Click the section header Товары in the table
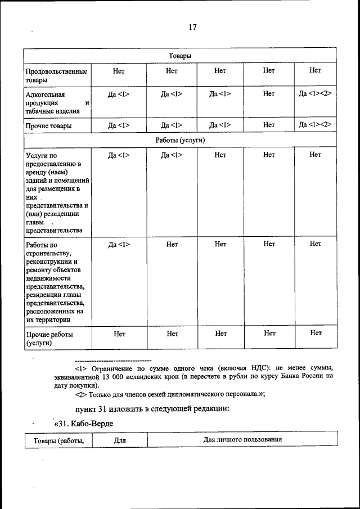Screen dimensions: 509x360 [x=179, y=56]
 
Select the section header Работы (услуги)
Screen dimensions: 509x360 [x=179, y=139]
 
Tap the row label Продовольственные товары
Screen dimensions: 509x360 [x=56, y=76]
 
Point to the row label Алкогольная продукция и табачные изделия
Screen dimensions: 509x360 [x=56, y=102]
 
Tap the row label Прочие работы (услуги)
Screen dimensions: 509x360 [x=50, y=338]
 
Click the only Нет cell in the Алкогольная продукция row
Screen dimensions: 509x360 [x=269, y=93]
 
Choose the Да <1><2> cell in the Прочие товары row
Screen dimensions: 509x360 [x=315, y=124]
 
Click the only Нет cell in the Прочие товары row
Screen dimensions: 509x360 [x=269, y=124]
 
